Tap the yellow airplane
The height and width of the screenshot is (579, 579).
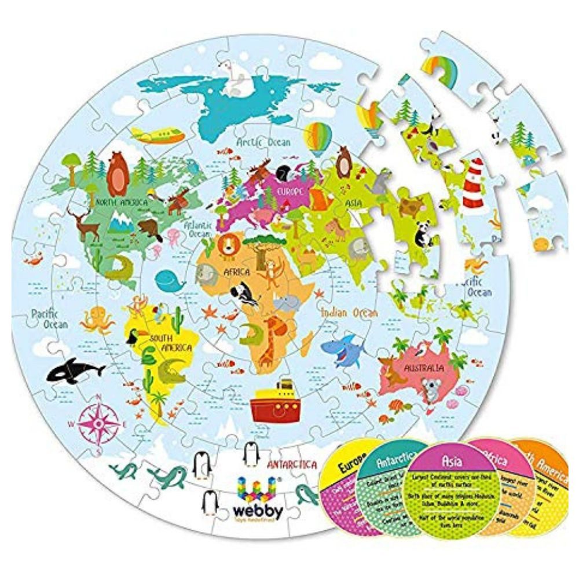coord(157,136)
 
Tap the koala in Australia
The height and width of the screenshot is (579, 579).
coord(431,389)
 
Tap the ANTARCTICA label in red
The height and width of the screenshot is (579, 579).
coord(292,464)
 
